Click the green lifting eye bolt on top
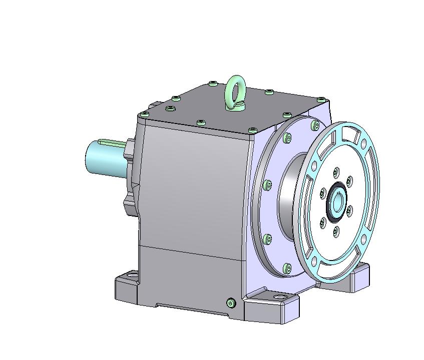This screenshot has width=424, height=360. tap(234, 91)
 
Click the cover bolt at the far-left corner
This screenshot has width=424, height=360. tap(144, 114)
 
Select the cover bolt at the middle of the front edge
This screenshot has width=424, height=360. tap(201, 122)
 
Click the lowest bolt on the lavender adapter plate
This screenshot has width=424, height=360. tap(286, 268)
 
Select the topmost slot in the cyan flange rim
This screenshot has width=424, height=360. tap(350, 134)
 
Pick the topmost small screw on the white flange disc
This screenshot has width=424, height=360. tap(336, 172)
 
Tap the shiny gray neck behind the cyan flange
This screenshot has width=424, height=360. tap(290, 200)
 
